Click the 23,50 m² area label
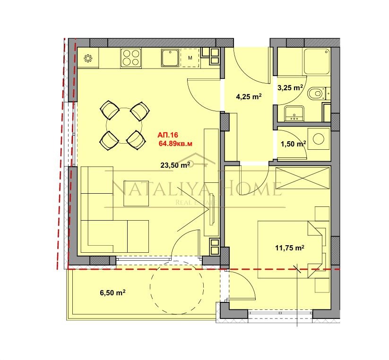175,164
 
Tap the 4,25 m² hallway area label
249,97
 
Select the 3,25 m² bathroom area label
290,87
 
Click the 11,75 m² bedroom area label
289,248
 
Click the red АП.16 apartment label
168,135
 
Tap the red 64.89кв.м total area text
177,143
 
